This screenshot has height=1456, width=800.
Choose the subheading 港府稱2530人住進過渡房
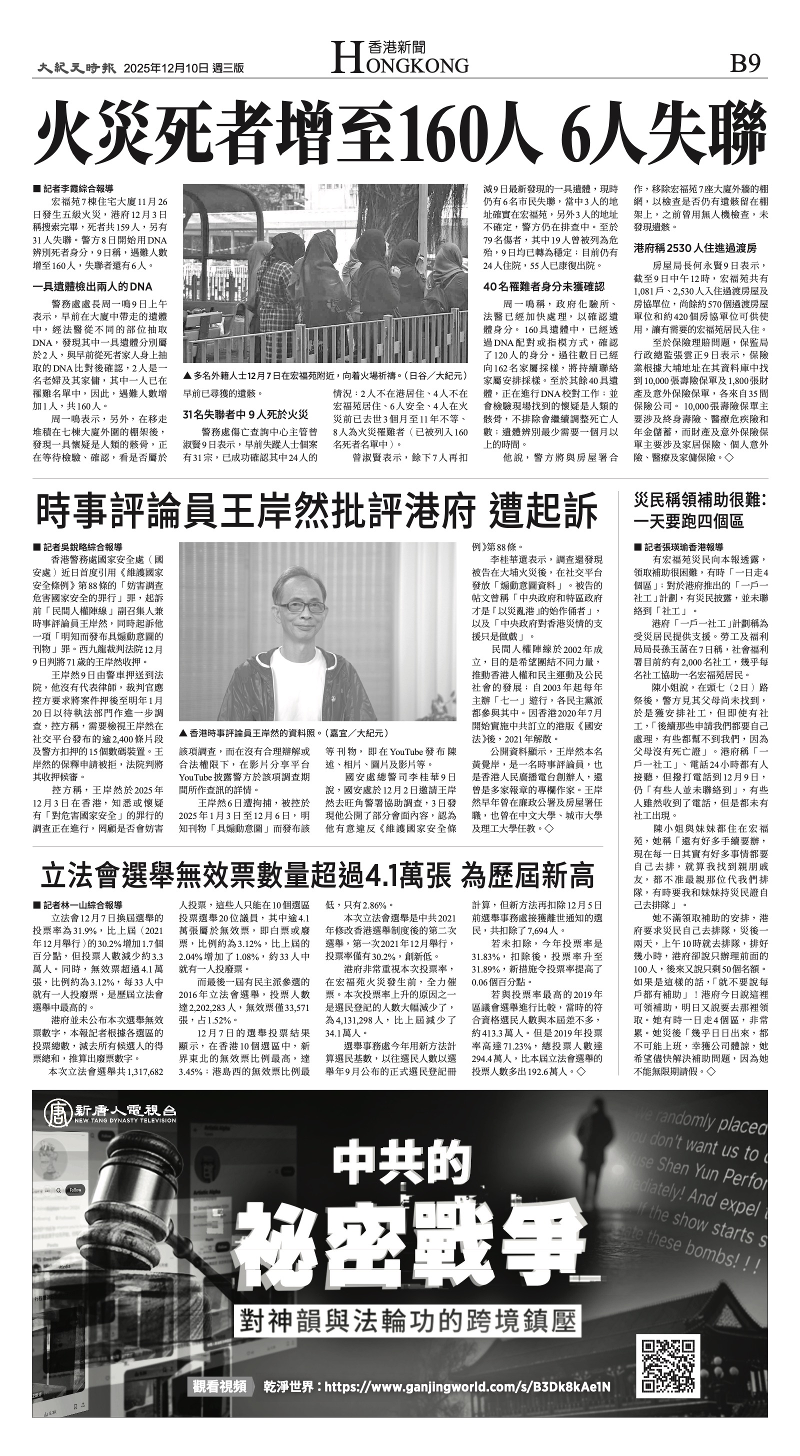(695, 248)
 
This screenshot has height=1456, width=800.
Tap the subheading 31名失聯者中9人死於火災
(245, 415)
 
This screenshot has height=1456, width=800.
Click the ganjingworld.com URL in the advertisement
(467, 1386)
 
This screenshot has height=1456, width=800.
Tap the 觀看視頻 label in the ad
(219, 1386)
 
